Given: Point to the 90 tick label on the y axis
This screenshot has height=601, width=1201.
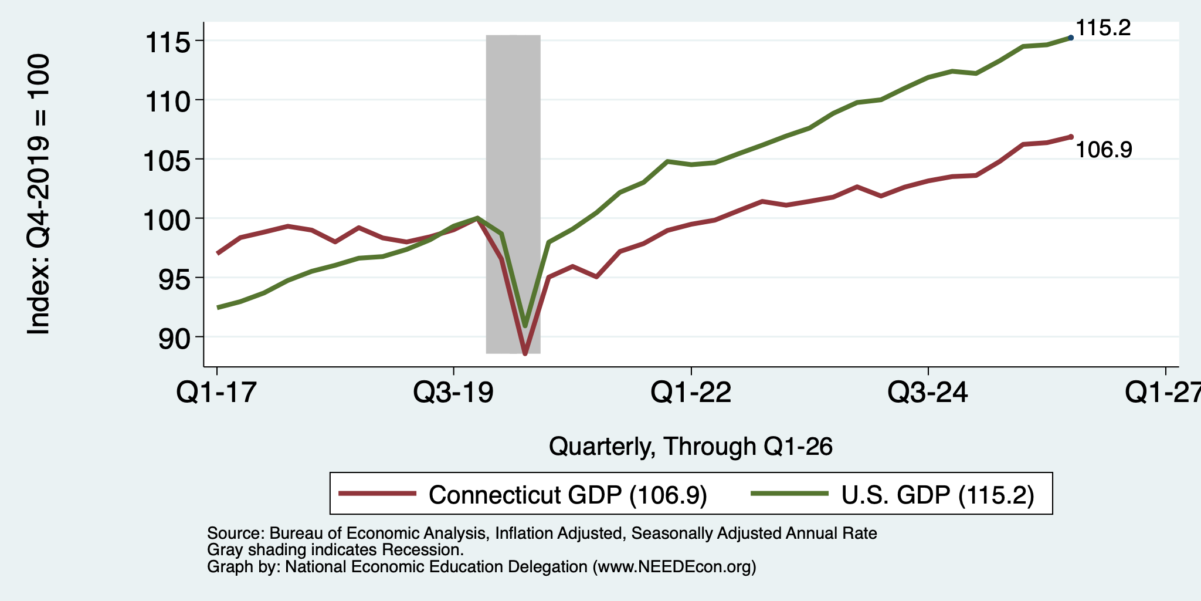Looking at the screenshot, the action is (175, 339).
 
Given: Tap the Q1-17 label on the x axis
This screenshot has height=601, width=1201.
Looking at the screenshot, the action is (217, 392).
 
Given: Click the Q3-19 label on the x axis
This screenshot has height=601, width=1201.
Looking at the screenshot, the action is (453, 392).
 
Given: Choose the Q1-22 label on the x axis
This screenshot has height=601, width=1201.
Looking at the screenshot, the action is (691, 392).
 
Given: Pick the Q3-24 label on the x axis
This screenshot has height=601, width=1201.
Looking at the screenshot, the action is (928, 392).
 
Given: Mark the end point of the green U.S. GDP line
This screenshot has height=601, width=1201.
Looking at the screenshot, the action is (1071, 38).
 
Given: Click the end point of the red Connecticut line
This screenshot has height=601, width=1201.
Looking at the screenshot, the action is (1071, 137).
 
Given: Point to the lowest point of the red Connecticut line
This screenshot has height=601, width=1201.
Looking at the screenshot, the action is (525, 354).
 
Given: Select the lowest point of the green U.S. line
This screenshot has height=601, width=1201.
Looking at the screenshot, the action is (525, 326).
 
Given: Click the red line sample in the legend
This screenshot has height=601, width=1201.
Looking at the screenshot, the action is (378, 494).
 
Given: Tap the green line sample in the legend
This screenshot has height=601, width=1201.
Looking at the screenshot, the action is (790, 494).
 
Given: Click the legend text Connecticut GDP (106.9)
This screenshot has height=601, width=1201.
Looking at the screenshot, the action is (568, 495).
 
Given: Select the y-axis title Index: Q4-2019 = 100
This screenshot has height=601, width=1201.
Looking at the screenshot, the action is (39, 194).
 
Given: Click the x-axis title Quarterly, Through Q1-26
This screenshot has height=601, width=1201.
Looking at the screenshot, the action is (691, 447).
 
